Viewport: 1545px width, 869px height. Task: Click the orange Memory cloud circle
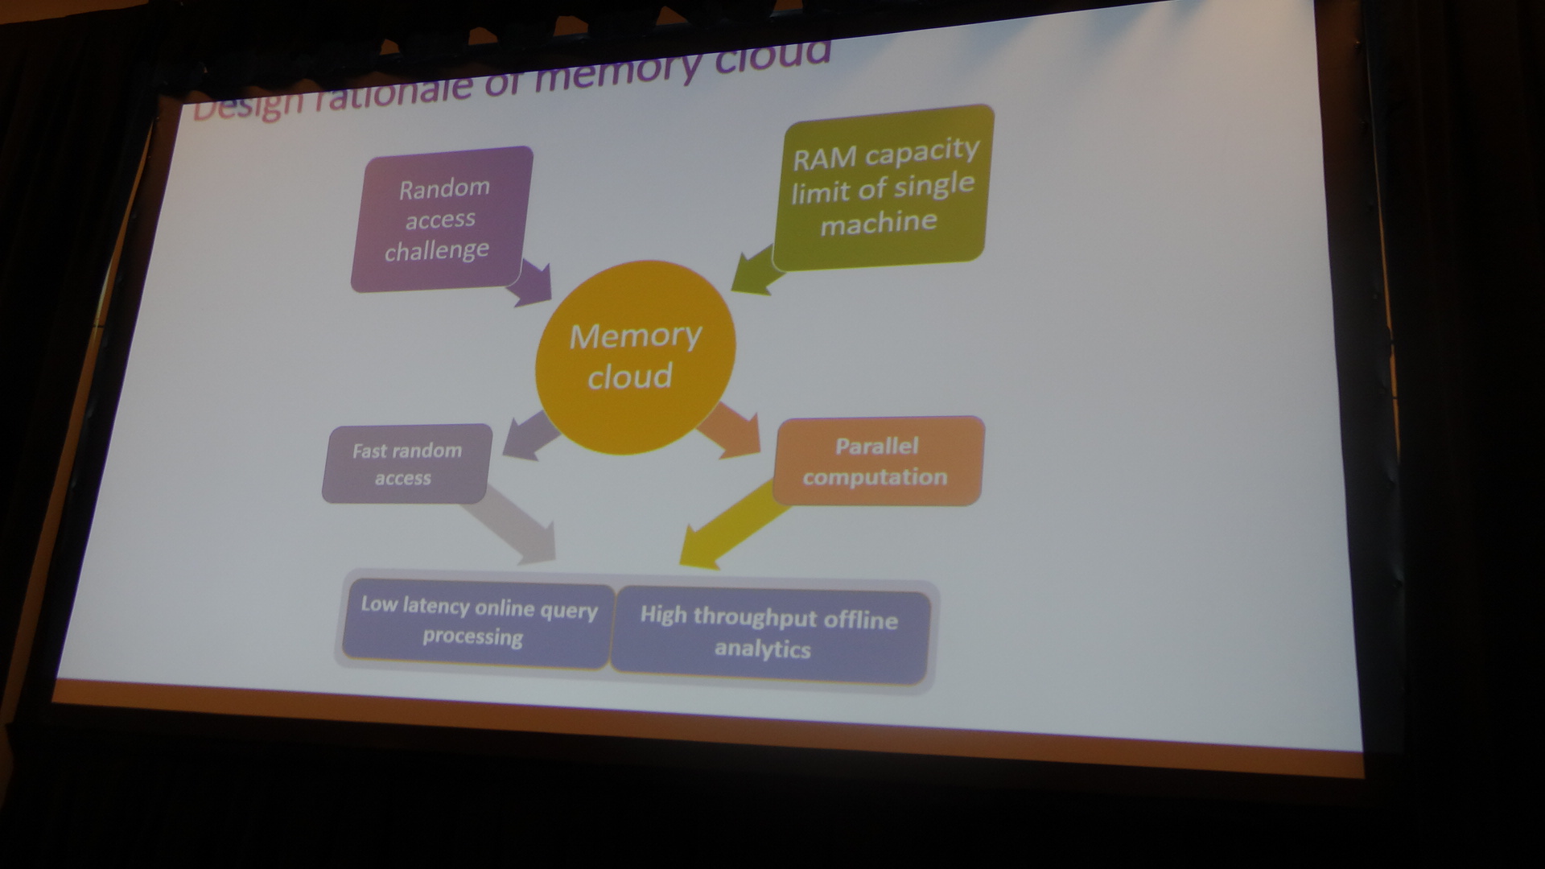(x=635, y=356)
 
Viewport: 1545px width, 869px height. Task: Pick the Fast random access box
(x=406, y=463)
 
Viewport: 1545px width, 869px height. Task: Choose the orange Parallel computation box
(x=877, y=461)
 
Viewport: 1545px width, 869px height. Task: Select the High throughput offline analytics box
(x=768, y=633)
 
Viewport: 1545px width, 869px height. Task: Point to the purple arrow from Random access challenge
(x=532, y=282)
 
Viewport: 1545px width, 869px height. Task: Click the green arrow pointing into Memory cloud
(x=756, y=274)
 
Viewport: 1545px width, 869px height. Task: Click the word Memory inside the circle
(x=635, y=336)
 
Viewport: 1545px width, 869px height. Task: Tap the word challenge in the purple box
(x=436, y=251)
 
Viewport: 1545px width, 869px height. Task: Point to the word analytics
(x=762, y=649)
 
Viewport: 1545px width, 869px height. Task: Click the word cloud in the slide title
(x=772, y=56)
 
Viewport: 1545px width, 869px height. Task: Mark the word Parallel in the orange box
(x=876, y=446)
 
